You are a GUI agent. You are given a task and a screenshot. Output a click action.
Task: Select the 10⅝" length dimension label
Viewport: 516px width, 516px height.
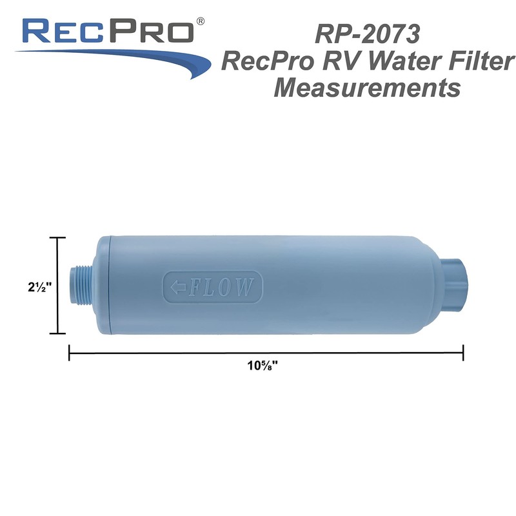tap(266, 366)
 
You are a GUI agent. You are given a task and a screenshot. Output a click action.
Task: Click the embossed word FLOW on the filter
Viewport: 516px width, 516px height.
tap(220, 286)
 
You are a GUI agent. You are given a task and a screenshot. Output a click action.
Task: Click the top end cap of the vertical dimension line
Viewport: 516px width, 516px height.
tap(57, 238)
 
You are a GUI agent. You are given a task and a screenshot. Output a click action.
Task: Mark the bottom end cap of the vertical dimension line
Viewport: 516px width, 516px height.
tap(57, 333)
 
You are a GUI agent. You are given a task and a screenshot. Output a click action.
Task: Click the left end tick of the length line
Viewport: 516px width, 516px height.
tap(69, 352)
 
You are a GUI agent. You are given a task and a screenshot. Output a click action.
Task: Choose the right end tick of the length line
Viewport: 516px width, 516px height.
tap(463, 352)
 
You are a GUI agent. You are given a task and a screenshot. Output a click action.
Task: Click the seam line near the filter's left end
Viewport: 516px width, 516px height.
tap(110, 286)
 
